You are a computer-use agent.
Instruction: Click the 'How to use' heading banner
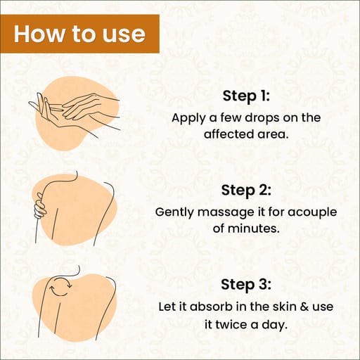[x=79, y=34]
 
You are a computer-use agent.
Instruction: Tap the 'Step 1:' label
[x=246, y=96]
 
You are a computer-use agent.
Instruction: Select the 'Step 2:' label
[x=246, y=190]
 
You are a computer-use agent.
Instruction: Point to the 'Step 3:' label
[x=246, y=284]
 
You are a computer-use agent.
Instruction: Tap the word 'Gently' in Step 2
[x=174, y=212]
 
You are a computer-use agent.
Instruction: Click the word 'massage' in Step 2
[x=226, y=213]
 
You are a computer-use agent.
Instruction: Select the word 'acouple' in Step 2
[x=312, y=212]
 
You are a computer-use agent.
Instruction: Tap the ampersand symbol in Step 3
[x=304, y=307]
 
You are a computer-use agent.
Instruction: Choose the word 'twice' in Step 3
[x=231, y=325]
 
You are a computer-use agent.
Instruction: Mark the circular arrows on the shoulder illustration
[x=60, y=286]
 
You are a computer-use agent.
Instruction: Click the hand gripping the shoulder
[x=40, y=206]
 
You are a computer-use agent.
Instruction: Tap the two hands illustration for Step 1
[x=75, y=112]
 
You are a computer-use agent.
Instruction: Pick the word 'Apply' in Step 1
[x=188, y=118]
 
